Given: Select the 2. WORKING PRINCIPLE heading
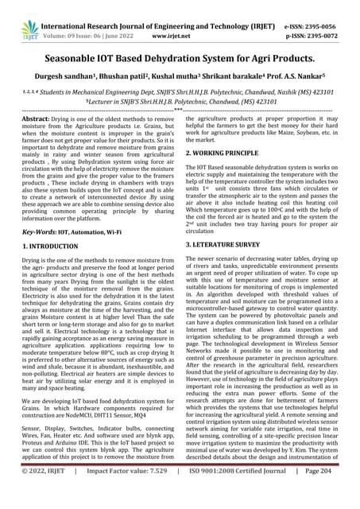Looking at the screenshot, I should pos(230,152).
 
